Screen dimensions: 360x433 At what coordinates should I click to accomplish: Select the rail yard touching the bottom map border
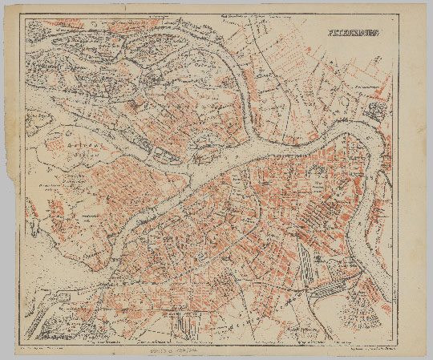(x=187, y=324)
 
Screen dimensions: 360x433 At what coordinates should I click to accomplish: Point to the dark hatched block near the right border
(x=378, y=111)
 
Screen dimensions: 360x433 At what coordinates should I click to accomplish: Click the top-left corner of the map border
(x=25, y=18)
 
